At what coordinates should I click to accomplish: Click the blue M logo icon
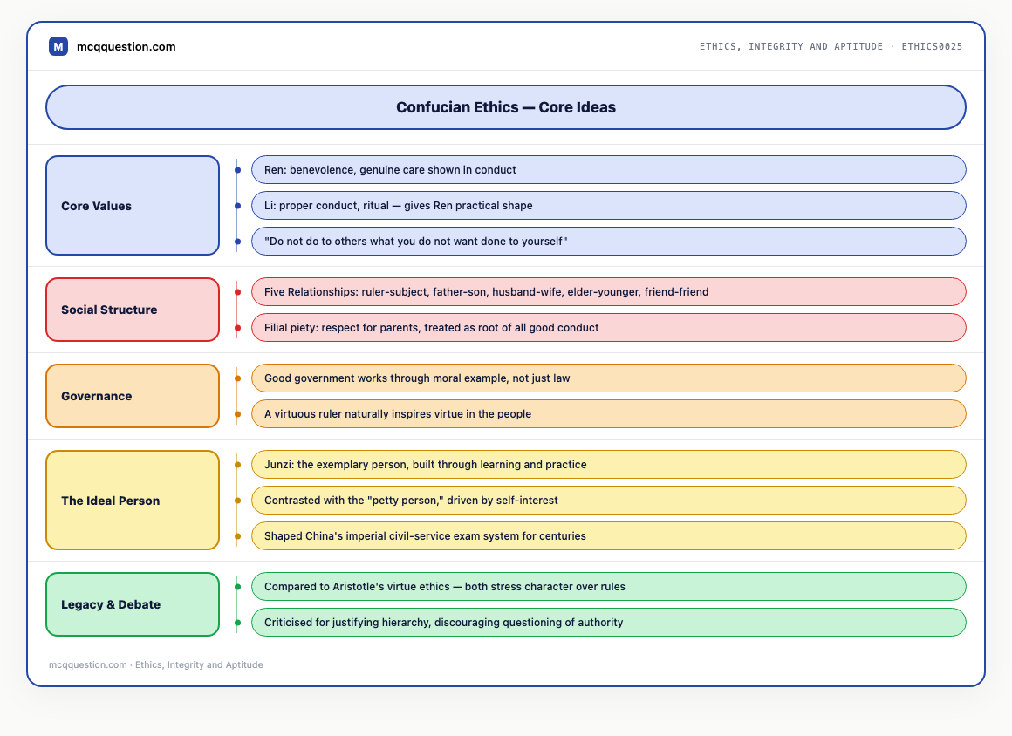tap(58, 46)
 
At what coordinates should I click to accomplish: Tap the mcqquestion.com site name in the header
tap(126, 46)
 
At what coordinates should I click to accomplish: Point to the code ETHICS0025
tap(932, 46)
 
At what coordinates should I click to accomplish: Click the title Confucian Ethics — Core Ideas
tap(506, 107)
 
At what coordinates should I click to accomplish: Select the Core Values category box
tap(133, 205)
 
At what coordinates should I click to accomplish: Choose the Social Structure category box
tap(133, 310)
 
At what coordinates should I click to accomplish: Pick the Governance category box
tap(133, 396)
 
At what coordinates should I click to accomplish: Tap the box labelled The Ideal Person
tap(133, 500)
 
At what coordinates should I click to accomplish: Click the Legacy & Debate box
tap(133, 604)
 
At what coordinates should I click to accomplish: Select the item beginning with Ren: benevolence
tap(609, 170)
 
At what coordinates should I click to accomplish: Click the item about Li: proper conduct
tap(609, 205)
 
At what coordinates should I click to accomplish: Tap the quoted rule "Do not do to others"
tap(609, 242)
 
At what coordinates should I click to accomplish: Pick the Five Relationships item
tap(609, 291)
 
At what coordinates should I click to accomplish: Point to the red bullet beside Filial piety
tap(237, 328)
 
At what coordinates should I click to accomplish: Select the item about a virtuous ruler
tap(609, 413)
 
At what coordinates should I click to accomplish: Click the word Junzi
tap(277, 465)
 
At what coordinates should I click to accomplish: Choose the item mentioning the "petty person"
tap(609, 500)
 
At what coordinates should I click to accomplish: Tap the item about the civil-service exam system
tap(609, 536)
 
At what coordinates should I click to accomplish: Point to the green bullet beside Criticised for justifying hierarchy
tap(237, 623)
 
